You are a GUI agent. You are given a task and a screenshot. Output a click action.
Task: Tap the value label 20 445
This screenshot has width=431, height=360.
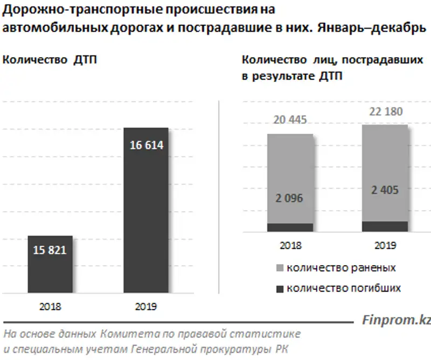click(290, 120)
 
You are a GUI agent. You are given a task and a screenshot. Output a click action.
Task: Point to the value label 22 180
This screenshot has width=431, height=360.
click(385, 112)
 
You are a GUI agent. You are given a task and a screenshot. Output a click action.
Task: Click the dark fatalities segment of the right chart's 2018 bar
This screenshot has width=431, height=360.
click(290, 227)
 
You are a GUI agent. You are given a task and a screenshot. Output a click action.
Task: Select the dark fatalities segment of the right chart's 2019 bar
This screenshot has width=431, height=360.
click(385, 226)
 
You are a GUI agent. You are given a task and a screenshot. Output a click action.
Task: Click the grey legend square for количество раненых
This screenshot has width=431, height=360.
click(280, 268)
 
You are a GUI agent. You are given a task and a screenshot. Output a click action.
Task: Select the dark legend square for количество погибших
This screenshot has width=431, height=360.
click(280, 289)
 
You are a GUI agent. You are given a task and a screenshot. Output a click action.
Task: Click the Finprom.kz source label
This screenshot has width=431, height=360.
click(396, 320)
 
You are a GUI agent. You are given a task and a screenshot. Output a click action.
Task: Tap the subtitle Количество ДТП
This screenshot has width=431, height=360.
click(50, 60)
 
